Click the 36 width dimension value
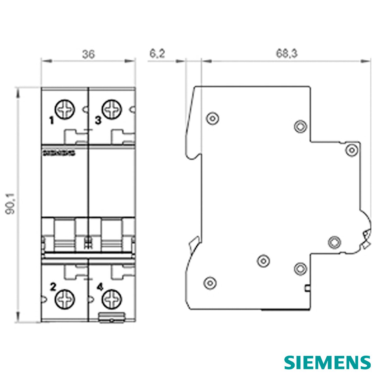(x=88, y=54)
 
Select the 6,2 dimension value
(x=157, y=54)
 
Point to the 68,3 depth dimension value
(x=287, y=54)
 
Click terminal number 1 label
(x=52, y=120)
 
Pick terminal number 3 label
(x=98, y=120)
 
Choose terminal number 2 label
(x=53, y=286)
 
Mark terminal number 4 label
(x=100, y=287)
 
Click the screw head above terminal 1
(x=65, y=109)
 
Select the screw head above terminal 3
(x=112, y=109)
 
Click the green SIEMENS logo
(x=327, y=362)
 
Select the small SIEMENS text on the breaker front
(x=58, y=153)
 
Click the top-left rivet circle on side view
(x=213, y=119)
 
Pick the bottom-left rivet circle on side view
(x=210, y=282)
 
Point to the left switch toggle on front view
(x=65, y=236)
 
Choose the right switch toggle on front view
(x=112, y=236)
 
